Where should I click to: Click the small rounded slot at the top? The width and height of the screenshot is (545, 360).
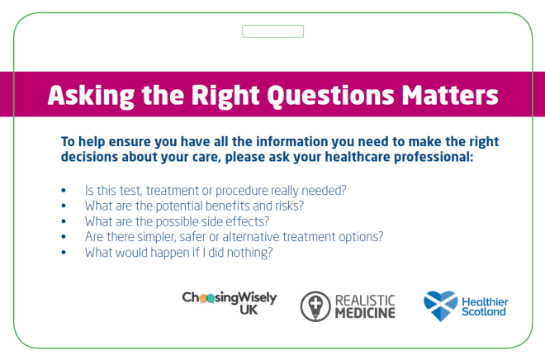[272, 31]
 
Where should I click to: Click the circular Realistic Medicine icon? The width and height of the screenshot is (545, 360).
[315, 306]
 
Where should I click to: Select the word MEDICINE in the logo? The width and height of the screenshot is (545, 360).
[366, 312]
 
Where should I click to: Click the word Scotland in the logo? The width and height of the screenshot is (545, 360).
[485, 313]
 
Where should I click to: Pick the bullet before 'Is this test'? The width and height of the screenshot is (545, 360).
[64, 190]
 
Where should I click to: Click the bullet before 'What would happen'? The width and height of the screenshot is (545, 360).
[64, 253]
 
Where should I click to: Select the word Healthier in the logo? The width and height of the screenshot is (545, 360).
[486, 301]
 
